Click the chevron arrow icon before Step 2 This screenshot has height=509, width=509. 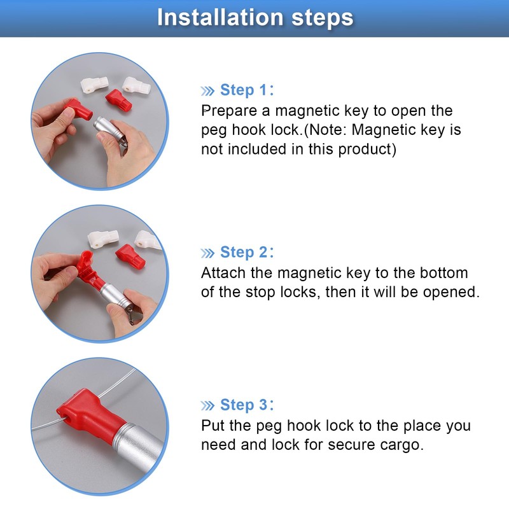click(x=208, y=253)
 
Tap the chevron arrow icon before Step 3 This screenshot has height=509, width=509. click(x=208, y=405)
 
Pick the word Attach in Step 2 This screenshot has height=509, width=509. click(x=220, y=273)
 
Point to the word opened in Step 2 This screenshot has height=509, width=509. click(x=451, y=293)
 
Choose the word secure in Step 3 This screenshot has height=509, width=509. click(x=351, y=445)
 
